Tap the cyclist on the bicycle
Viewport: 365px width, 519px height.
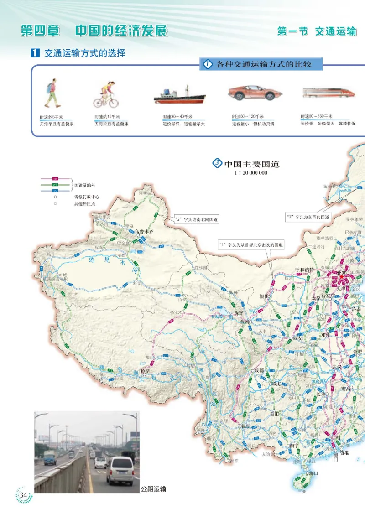pyautogui.click(x=106, y=94)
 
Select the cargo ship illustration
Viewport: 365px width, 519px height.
pyautogui.click(x=179, y=95)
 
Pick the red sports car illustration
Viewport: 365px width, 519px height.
pyautogui.click(x=252, y=93)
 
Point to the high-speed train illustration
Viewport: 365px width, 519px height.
pyautogui.click(x=328, y=93)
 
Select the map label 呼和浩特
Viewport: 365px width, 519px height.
pyautogui.click(x=305, y=270)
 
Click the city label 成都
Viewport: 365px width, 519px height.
pyautogui.click(x=260, y=370)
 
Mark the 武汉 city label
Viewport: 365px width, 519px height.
pyautogui.click(x=337, y=367)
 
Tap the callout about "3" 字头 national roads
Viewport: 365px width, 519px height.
pyautogui.click(x=308, y=216)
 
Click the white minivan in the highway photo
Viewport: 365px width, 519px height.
pyautogui.click(x=120, y=469)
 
